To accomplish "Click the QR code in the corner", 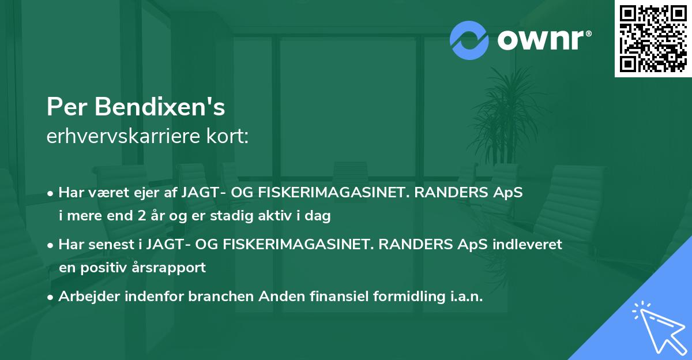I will pyautogui.click(x=652, y=39).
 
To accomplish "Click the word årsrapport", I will pyautogui.click(x=171, y=268).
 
